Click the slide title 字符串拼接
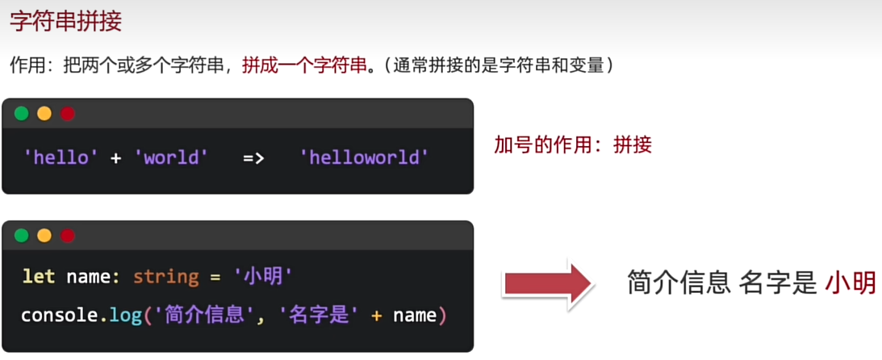coord(66,23)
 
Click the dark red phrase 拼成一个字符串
coord(304,66)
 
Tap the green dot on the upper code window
coord(21,114)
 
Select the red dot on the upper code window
coord(68,114)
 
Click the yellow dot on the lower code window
coord(44,236)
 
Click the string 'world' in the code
coord(172,157)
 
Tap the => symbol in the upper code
coord(253,158)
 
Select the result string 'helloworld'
coord(365,157)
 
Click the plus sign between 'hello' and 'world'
coord(116,158)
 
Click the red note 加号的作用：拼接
coord(573,145)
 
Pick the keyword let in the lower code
coord(39,277)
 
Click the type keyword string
coord(166,278)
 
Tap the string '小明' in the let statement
coord(263,277)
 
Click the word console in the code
coord(61,316)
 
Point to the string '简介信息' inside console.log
coord(205,316)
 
